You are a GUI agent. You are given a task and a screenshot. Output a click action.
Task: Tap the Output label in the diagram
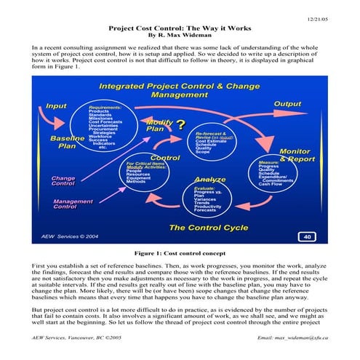[288, 104]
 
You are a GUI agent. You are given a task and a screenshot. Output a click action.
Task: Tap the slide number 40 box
[307, 237]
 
